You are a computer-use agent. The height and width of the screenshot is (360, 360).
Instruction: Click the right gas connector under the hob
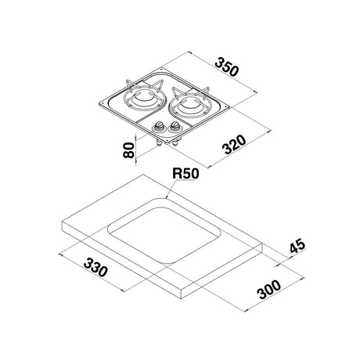click(x=175, y=144)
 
